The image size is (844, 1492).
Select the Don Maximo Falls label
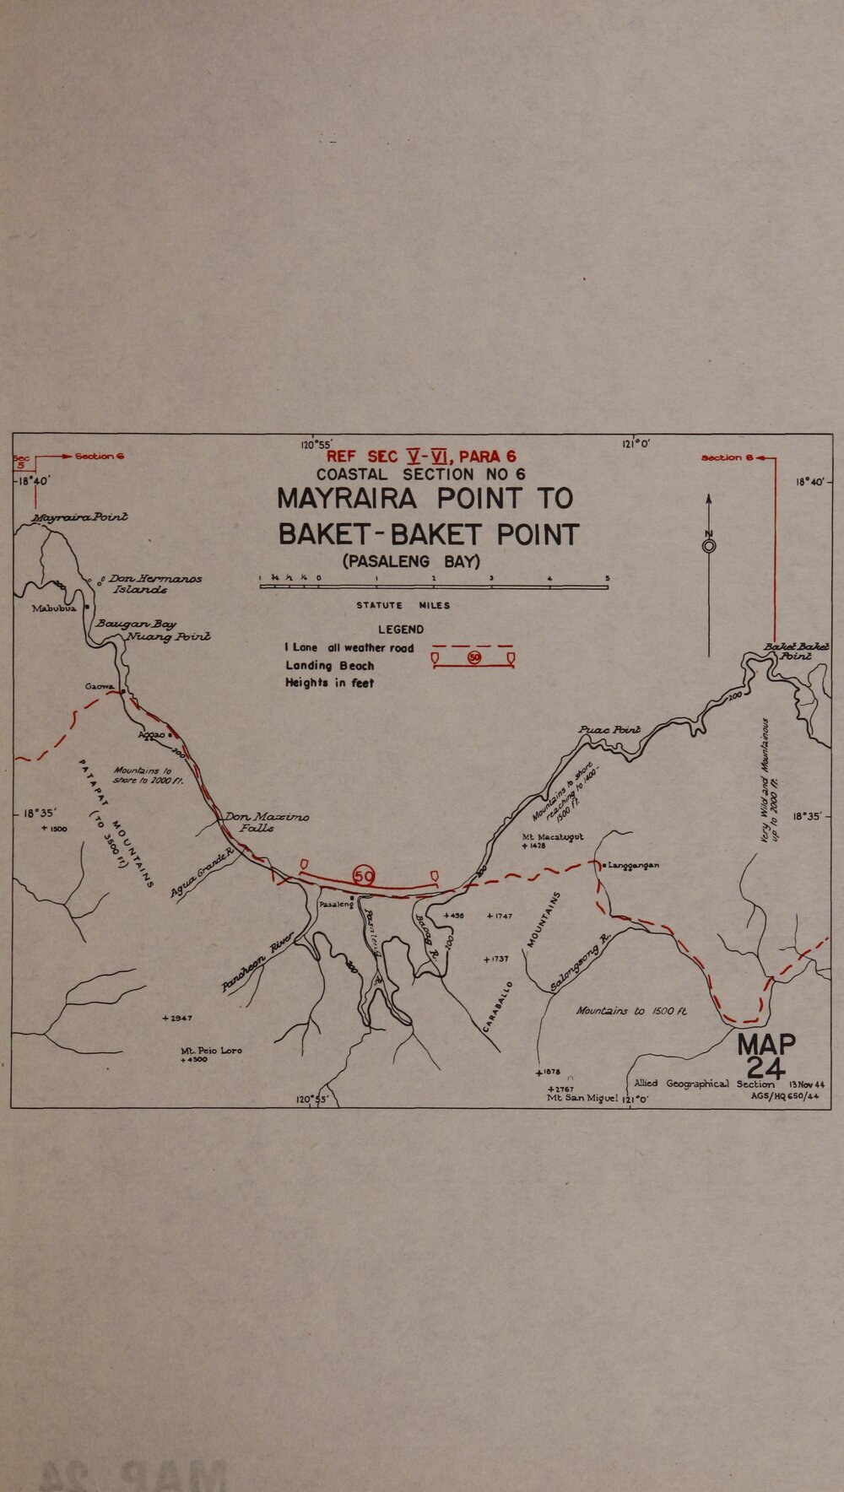point(266,822)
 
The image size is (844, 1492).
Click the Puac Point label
point(609,729)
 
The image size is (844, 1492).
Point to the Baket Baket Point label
point(796,651)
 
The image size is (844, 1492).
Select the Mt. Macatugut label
point(553,837)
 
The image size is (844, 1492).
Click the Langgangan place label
point(633,865)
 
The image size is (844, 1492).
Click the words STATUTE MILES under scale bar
point(403,605)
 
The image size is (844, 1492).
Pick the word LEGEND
point(401,630)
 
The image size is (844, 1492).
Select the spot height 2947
point(177,1019)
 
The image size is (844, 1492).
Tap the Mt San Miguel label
point(582,1098)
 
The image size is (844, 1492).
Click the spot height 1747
point(500,916)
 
